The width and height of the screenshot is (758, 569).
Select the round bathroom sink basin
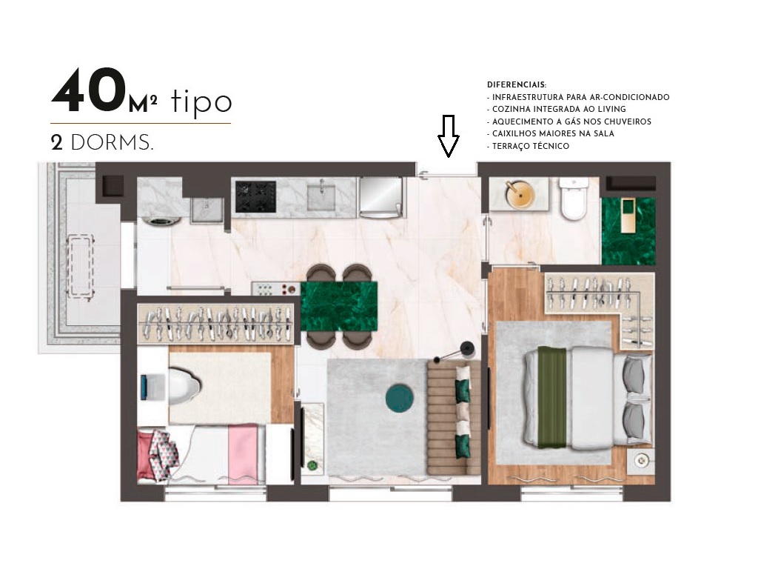(520, 195)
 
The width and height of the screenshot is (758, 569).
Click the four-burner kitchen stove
(255, 195)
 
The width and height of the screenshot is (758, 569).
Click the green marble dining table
(340, 305)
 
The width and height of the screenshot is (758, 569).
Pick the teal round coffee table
(400, 399)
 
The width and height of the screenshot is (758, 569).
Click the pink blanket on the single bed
(242, 452)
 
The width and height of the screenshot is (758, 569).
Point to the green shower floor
(628, 230)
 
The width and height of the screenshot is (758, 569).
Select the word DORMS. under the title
(113, 144)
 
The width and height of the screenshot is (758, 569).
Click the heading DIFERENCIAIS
(517, 85)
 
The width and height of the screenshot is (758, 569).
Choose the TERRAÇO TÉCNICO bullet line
(528, 146)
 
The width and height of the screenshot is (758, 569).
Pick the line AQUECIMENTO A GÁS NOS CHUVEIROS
(568, 122)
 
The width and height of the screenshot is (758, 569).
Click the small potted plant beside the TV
(312, 465)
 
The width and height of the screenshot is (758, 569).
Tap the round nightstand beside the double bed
(641, 460)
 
